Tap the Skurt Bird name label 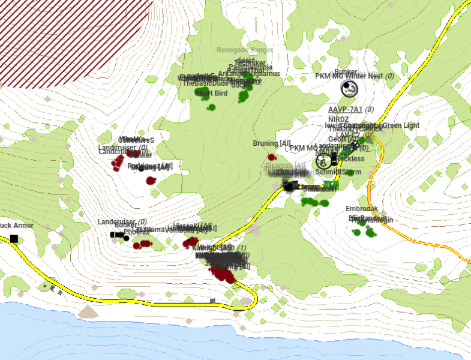coord(212,94)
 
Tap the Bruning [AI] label coord(272,143)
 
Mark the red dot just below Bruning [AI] coord(271,157)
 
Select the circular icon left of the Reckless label coord(324,160)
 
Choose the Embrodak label coord(362,209)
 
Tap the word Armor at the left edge coord(22,226)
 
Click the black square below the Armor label coord(13,239)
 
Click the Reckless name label coord(352,158)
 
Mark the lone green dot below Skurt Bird coord(211,107)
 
